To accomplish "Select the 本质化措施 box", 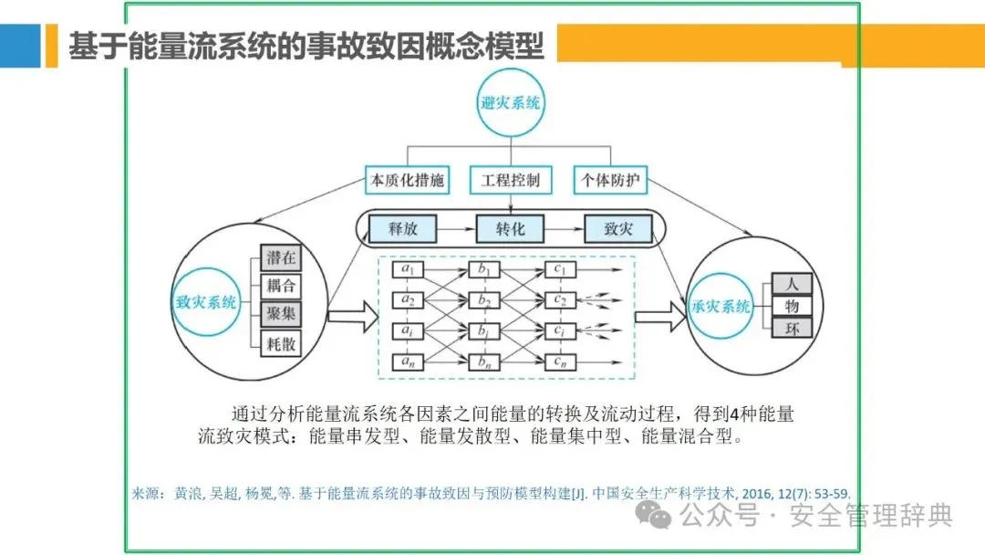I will (x=407, y=180).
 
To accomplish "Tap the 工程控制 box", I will (x=510, y=180).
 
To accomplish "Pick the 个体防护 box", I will (x=610, y=180).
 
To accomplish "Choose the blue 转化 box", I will (x=511, y=228).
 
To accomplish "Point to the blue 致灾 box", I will (x=618, y=228).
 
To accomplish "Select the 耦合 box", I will (x=280, y=286).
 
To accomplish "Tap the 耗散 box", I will (x=280, y=343).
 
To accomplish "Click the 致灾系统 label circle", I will (x=206, y=301).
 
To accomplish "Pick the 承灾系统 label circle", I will (x=721, y=307).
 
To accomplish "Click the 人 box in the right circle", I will (x=791, y=284).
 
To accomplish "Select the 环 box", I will (x=791, y=328).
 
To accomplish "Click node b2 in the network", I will (x=484, y=299).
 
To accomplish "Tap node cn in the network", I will (x=559, y=361).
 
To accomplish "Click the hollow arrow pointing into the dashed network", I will (x=351, y=317).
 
